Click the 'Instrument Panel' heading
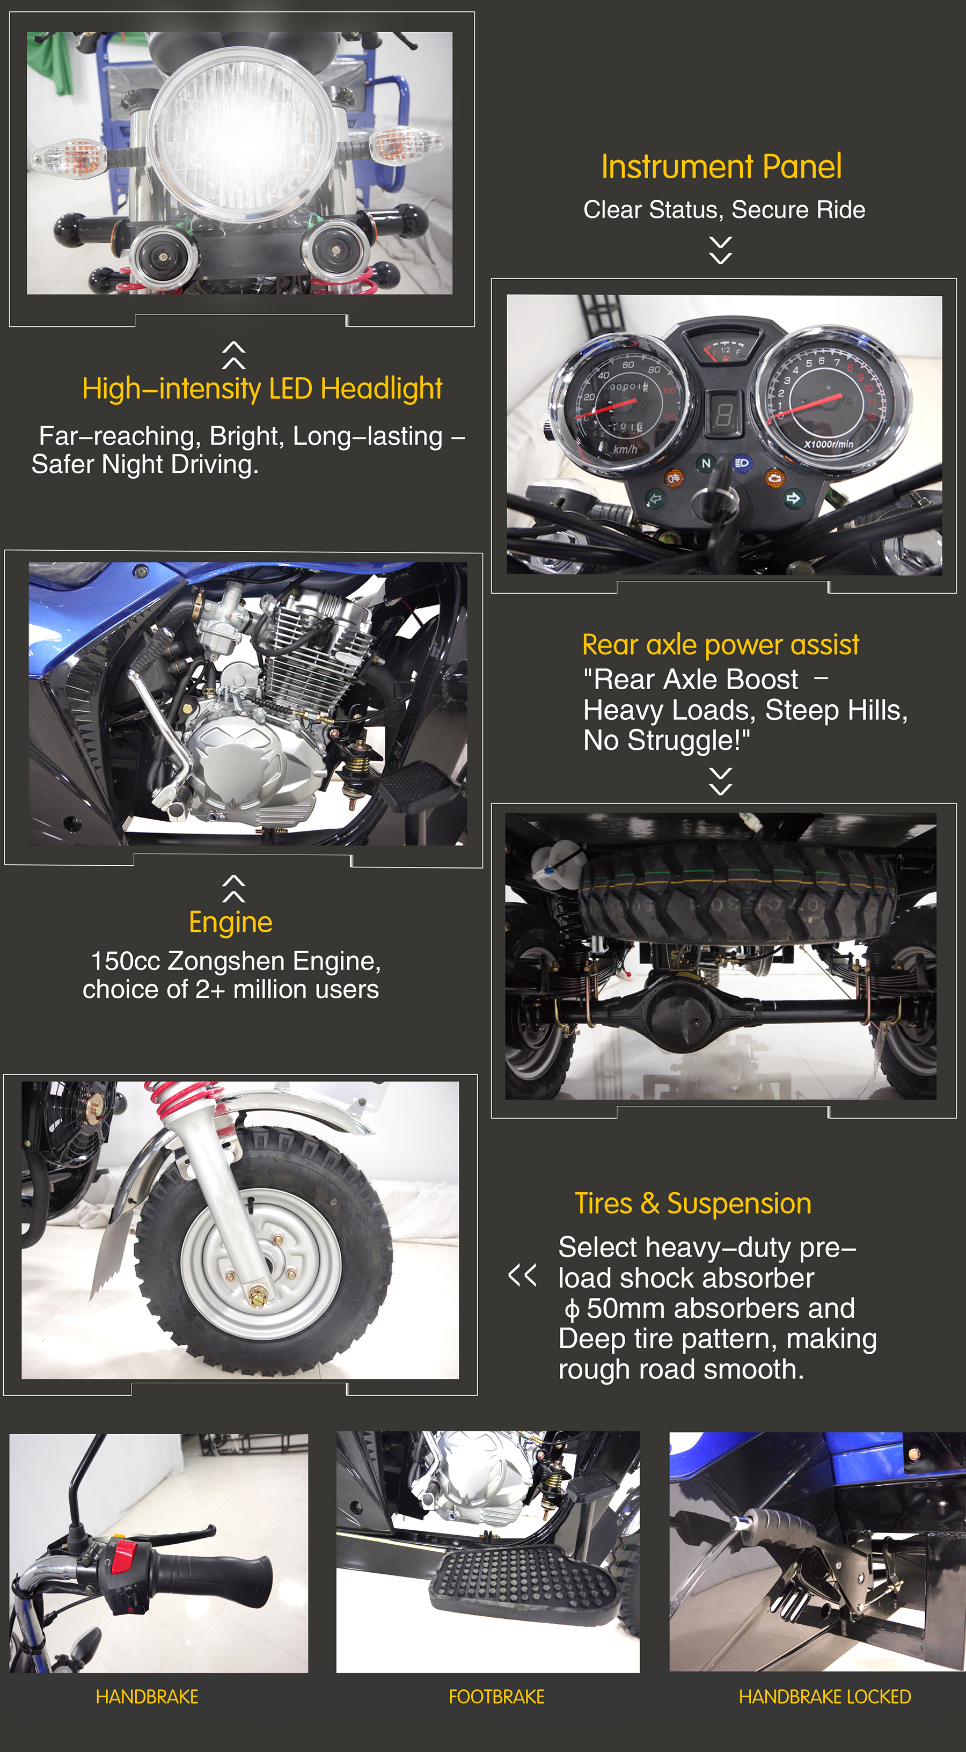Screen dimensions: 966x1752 pos(721,166)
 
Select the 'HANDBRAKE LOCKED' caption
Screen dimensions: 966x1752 pos(825,1697)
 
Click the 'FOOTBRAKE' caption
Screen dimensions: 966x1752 pos(496,1697)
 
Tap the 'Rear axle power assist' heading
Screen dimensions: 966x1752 pos(721,645)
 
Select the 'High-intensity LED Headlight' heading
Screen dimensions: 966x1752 pos(262,389)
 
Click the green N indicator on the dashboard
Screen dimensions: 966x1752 pos(706,464)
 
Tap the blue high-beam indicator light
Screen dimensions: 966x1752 pos(742,463)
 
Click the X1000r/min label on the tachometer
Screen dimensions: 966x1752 pos(828,444)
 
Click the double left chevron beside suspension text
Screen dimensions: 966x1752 pos(522,1276)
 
